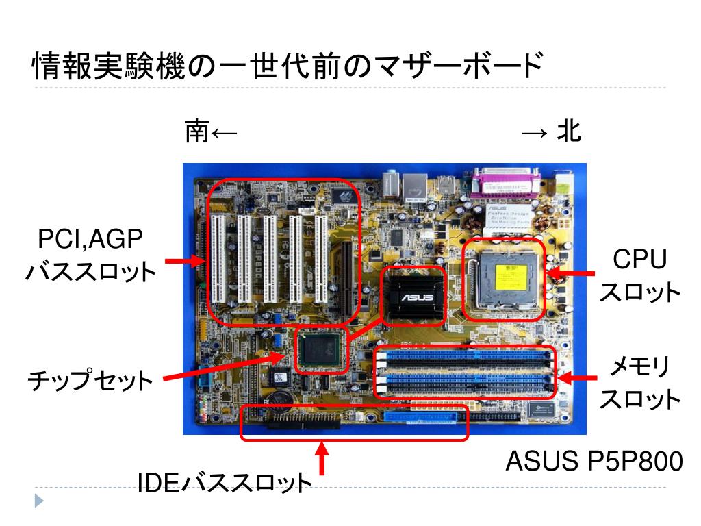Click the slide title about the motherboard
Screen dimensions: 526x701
[x=288, y=67]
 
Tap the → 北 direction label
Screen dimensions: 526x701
[x=551, y=131]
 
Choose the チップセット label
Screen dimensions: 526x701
[x=90, y=381]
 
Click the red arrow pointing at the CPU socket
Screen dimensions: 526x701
[x=572, y=274]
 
